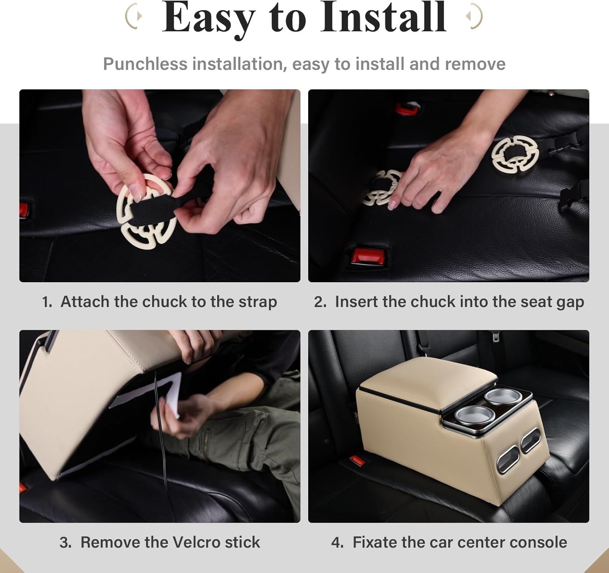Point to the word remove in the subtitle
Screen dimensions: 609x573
click(x=475, y=64)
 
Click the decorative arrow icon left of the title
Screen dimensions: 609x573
click(x=134, y=16)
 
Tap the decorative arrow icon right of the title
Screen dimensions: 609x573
click(x=474, y=16)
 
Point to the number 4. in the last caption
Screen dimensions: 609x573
click(x=337, y=543)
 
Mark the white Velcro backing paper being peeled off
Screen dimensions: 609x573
click(x=147, y=396)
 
